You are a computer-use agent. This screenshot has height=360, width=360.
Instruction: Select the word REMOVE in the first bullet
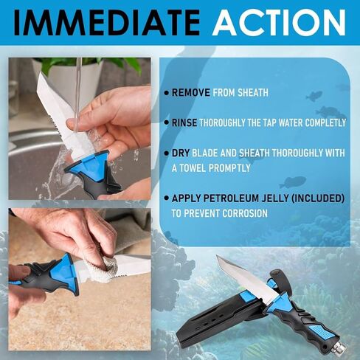192,93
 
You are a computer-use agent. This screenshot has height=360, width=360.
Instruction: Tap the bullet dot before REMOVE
166,93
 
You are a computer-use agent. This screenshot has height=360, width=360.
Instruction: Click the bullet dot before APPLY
166,199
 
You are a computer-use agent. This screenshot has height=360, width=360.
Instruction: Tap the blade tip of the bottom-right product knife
219,259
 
